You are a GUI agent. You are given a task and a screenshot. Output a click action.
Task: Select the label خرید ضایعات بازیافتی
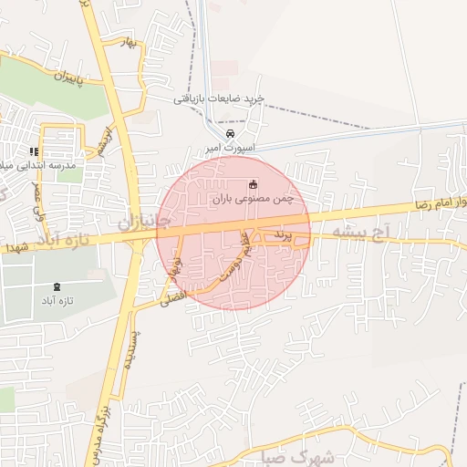220,98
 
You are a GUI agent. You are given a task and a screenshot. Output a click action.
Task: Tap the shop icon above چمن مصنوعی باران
254,183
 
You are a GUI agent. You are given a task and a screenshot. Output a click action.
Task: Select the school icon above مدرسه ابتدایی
34,151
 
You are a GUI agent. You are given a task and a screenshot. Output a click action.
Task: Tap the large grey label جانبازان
144,220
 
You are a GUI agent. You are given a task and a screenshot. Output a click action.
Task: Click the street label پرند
284,235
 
